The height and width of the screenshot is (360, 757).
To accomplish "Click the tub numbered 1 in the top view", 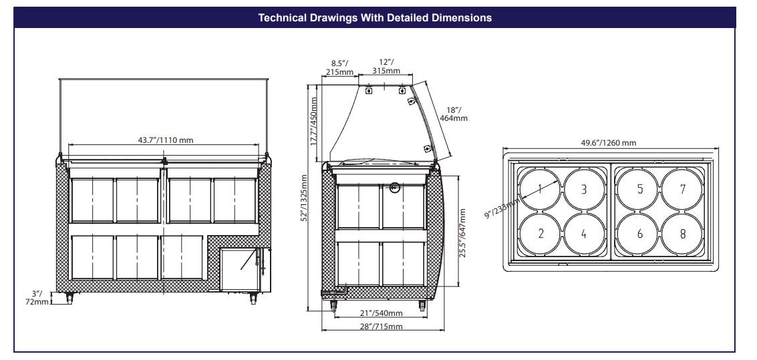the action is click(541, 189).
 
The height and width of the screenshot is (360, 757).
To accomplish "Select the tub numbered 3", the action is click(584, 189).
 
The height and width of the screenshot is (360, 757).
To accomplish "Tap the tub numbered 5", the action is click(639, 189).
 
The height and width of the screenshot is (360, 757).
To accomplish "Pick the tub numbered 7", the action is click(683, 189).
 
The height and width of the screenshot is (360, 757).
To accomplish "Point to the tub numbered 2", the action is click(541, 234).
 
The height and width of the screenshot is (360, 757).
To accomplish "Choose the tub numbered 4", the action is click(584, 234).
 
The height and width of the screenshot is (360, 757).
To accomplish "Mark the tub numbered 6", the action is click(639, 234).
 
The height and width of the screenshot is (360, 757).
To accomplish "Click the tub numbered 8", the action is click(683, 234).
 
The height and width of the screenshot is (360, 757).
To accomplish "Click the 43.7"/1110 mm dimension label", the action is click(166, 140).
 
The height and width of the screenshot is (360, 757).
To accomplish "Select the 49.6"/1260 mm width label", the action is click(608, 143).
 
